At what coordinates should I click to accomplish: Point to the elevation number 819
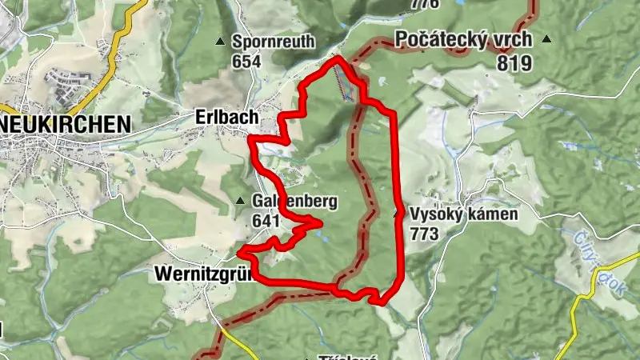[514, 63]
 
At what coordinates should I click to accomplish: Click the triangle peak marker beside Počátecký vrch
[546, 38]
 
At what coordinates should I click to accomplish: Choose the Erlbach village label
[226, 118]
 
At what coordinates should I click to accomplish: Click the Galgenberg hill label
[294, 201]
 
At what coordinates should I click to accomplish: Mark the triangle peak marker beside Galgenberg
[241, 201]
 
